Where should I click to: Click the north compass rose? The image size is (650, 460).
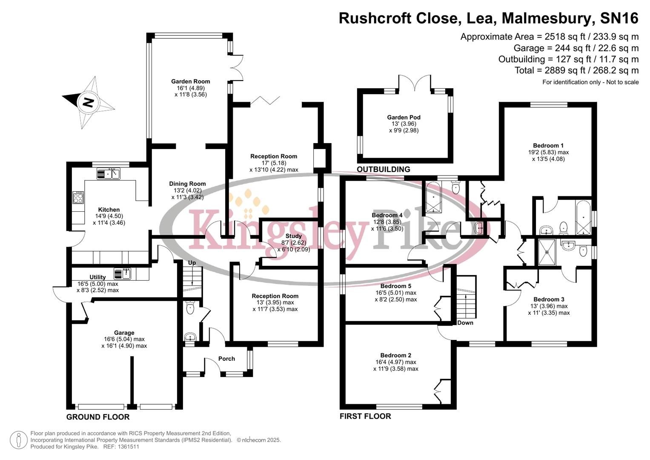coord(89,102)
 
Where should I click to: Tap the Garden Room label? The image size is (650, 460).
coord(190,81)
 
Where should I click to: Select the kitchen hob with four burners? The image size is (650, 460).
coord(78,198)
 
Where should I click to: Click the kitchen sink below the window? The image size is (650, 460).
coord(109,173)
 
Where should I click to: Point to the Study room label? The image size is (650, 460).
coord(293,236)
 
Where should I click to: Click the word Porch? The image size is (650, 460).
coord(226,359)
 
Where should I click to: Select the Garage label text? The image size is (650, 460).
coord(124,333)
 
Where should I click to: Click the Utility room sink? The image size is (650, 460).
coord(123,273)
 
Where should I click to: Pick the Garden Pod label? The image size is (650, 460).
coord(404,117)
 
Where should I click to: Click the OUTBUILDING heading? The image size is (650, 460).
coord(383,169)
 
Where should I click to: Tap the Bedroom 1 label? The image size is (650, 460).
coord(548,146)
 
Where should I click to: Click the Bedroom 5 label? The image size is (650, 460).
coord(395,286)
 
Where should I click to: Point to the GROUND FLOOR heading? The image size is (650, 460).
coord(98,417)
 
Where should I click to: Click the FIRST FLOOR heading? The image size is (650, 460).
coord(365,416)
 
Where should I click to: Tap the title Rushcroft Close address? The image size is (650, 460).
coord(488,18)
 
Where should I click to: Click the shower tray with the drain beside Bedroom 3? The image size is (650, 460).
coord(547,252)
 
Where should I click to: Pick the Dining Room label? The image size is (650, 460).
coord(187,184)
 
